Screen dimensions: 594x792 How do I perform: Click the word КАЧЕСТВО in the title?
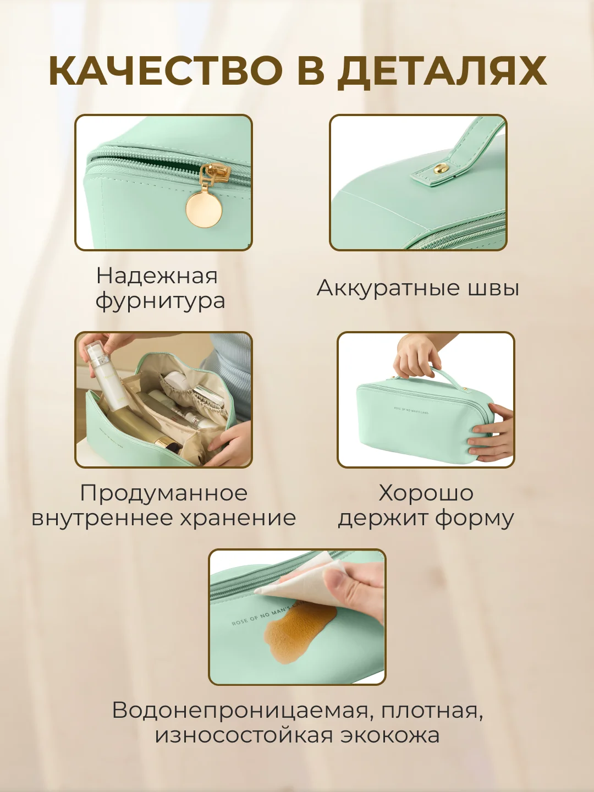point(165,71)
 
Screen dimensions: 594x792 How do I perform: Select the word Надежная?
point(157,277)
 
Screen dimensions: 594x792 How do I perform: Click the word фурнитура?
point(161,301)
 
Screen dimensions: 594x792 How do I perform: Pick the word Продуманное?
point(164,493)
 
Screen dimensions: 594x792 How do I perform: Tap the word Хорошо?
point(426,492)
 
